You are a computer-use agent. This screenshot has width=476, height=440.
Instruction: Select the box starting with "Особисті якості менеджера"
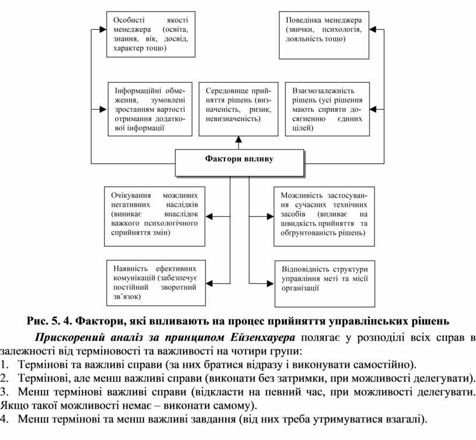(x=150, y=34)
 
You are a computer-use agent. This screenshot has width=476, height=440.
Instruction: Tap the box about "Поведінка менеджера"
(x=324, y=34)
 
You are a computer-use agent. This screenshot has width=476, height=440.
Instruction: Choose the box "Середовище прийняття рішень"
(x=237, y=109)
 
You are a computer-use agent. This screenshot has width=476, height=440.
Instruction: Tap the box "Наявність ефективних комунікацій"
(x=156, y=282)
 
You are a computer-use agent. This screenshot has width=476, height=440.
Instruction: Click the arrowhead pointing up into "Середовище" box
(x=238, y=140)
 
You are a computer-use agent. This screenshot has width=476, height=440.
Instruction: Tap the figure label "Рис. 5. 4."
(x=50, y=321)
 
